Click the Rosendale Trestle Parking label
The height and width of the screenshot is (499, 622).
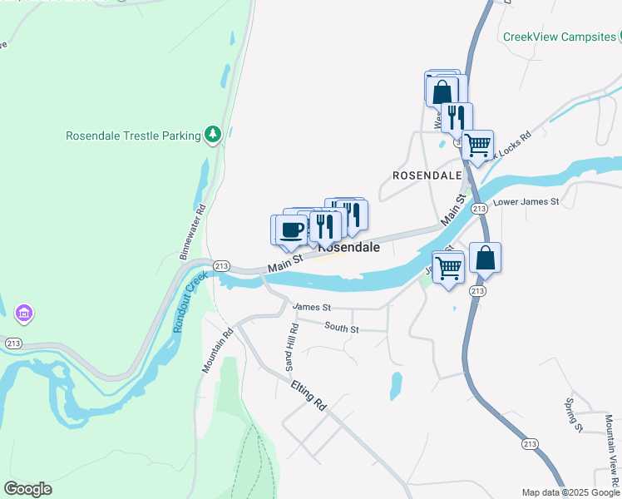(133, 136)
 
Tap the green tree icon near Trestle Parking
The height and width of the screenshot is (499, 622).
(214, 134)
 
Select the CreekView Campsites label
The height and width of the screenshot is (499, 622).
(559, 37)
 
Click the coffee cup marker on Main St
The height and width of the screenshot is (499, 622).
(291, 230)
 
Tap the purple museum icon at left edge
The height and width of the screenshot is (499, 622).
(24, 314)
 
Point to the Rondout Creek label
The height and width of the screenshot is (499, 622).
(189, 302)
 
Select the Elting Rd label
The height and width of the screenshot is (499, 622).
(309, 394)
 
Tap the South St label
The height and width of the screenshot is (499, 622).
(341, 329)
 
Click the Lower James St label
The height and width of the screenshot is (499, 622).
(527, 202)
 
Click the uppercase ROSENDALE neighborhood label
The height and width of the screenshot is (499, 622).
(427, 176)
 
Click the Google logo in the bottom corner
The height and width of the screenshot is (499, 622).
(27, 489)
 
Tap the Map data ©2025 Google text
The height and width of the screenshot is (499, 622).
(570, 492)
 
